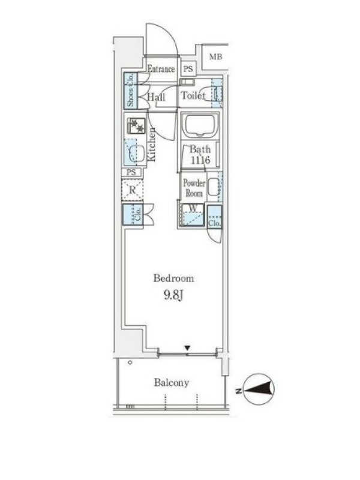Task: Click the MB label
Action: click(x=215, y=56)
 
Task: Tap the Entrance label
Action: click(x=161, y=69)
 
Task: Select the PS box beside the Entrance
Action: click(x=188, y=68)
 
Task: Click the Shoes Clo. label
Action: click(x=130, y=90)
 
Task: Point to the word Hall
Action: click(x=156, y=97)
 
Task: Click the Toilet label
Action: click(x=193, y=95)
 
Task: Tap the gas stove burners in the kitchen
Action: click(x=136, y=125)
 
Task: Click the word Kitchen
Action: click(x=152, y=145)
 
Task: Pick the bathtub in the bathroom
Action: click(x=200, y=125)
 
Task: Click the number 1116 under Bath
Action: click(x=200, y=160)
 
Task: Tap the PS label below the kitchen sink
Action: click(x=131, y=172)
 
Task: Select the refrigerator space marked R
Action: click(x=132, y=190)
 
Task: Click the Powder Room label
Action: click(x=194, y=188)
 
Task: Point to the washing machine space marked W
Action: click(x=193, y=215)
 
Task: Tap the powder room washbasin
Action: click(x=214, y=187)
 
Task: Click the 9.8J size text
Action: click(x=173, y=295)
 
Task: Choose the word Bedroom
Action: click(x=173, y=278)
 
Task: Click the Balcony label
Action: click(x=172, y=383)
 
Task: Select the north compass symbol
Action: click(x=259, y=389)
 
